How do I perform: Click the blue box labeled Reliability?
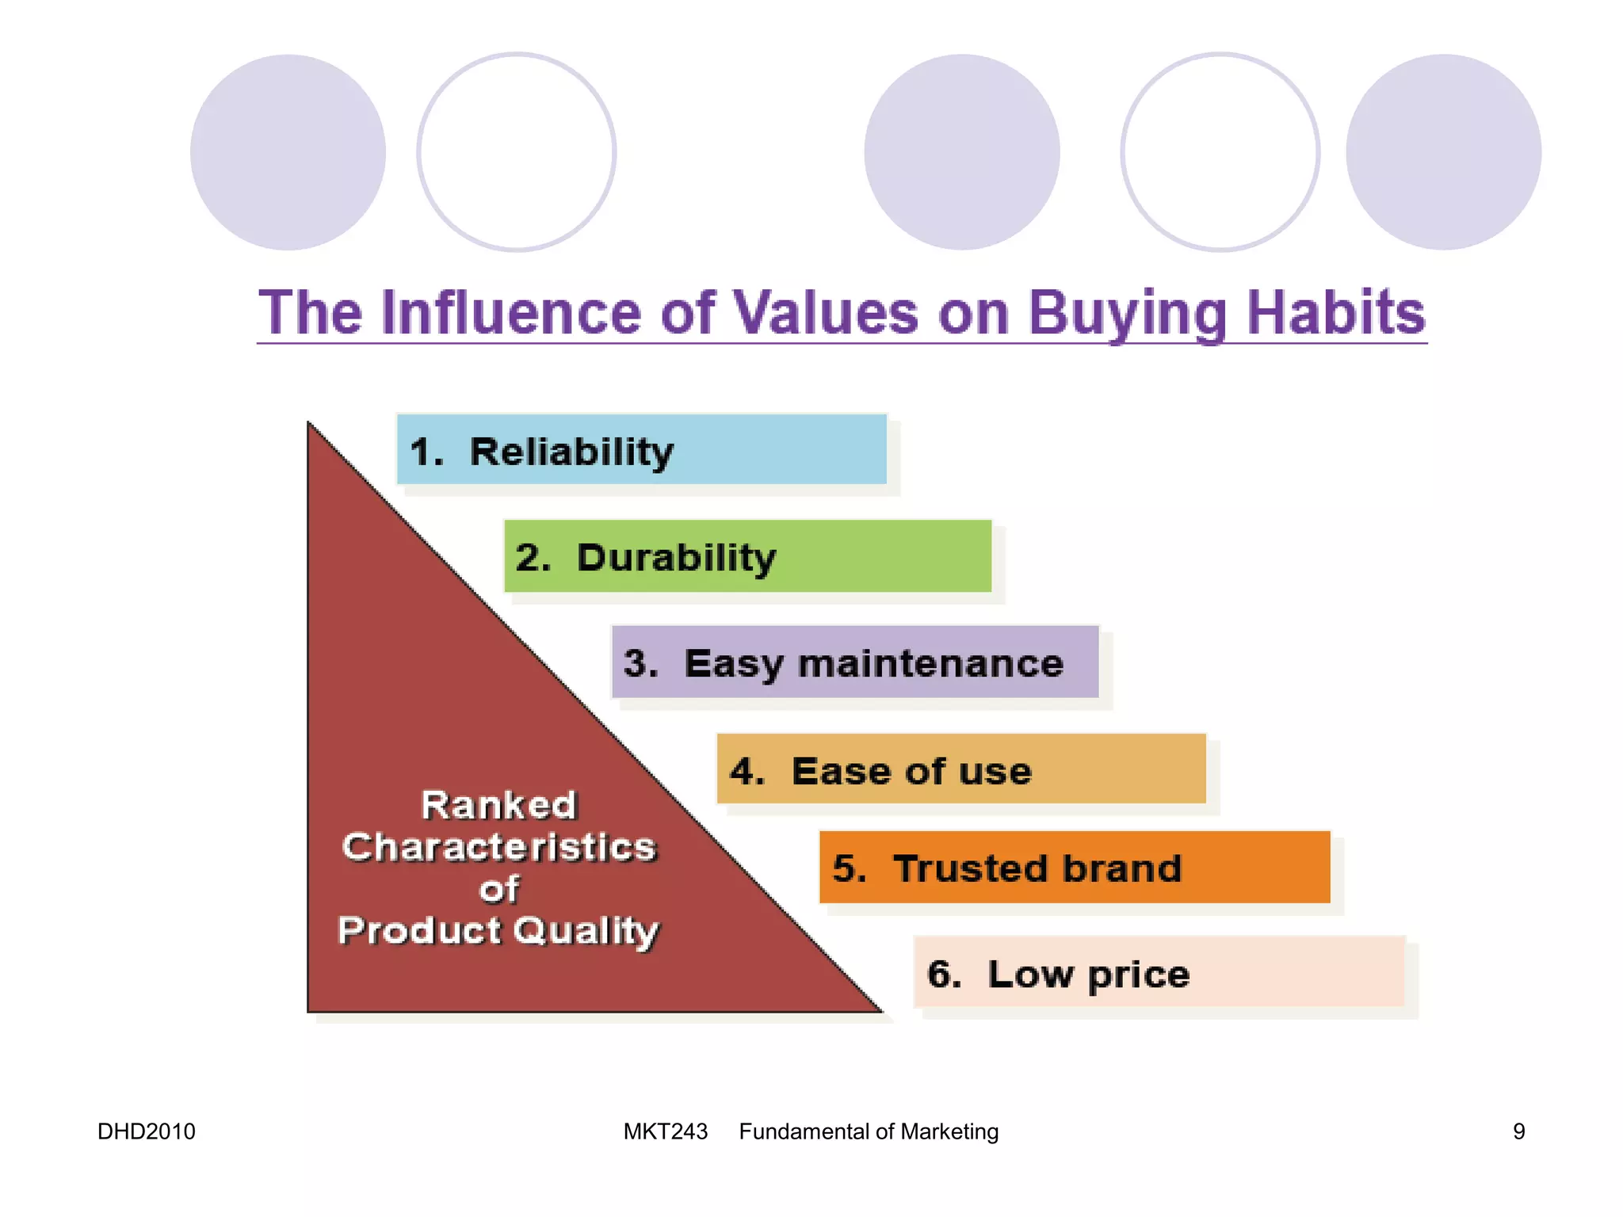point(640,449)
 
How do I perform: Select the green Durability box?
point(747,556)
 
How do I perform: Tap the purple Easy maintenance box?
point(854,662)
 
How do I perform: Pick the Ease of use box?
point(960,769)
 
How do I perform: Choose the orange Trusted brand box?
point(1074,868)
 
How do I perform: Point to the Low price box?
point(1159,972)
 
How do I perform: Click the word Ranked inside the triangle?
point(498,805)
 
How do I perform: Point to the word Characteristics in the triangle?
point(498,847)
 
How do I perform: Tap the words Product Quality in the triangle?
point(498,930)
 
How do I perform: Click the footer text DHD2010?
point(147,1131)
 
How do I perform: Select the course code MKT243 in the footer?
point(665,1131)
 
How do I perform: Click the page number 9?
point(1518,1131)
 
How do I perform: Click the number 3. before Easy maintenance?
point(640,663)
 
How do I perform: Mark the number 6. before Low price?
point(943,974)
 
